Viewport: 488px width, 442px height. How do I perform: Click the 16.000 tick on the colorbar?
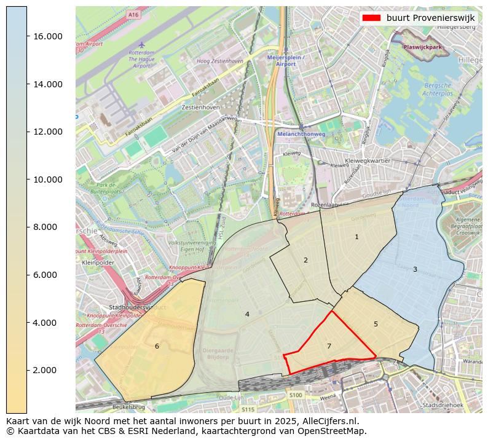coord(47,36)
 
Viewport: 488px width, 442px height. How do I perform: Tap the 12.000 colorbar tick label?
coord(47,132)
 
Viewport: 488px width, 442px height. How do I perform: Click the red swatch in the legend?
coord(372,18)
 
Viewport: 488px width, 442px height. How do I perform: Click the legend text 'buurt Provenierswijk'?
coord(430,18)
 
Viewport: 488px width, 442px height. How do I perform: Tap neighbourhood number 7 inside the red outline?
coord(329,347)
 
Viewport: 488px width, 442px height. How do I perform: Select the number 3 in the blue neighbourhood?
coord(415,269)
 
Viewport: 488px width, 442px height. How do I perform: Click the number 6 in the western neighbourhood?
coord(157,347)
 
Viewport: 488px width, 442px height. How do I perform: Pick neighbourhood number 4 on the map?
coord(247,314)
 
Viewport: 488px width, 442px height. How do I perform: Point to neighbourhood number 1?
coord(356,237)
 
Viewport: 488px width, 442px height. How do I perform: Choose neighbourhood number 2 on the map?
coord(305,260)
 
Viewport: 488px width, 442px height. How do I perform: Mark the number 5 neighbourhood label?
coord(376,324)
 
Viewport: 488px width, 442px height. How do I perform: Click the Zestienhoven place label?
coord(201,107)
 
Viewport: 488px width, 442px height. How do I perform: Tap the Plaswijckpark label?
coord(423,47)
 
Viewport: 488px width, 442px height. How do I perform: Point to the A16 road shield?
coord(133,14)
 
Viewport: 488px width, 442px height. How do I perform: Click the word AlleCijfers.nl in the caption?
coord(328,421)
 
